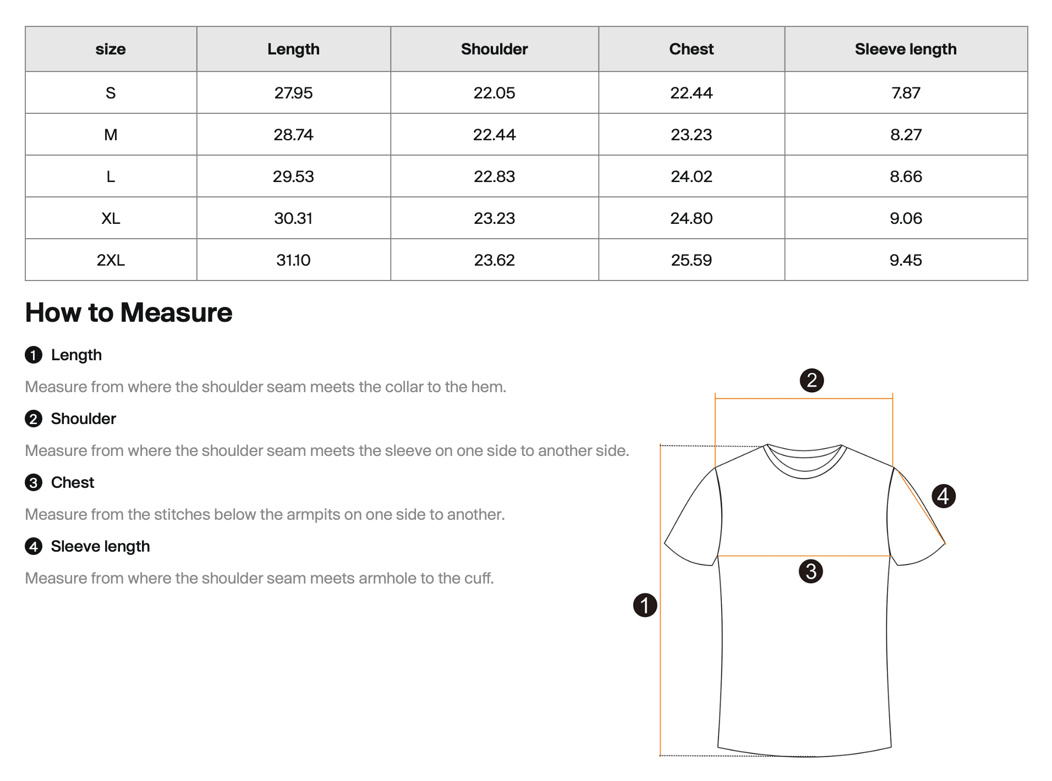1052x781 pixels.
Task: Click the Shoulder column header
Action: pos(494,49)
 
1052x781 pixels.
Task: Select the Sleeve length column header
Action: pos(905,49)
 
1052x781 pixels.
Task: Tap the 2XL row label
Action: pos(111,260)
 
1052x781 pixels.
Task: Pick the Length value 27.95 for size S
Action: pos(293,93)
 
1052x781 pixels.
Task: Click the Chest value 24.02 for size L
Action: pos(691,177)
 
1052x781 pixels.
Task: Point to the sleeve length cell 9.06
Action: pos(905,218)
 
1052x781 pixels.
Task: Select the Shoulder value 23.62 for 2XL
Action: pos(494,260)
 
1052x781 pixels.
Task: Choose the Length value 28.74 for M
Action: pos(293,135)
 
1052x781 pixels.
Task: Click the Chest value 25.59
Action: pos(691,260)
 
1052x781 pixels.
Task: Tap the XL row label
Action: pos(111,218)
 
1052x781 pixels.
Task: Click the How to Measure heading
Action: pos(129,312)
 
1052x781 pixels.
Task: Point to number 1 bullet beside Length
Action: pos(34,355)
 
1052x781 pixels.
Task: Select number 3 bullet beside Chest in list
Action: pos(34,483)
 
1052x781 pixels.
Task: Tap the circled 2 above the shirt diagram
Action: pos(812,380)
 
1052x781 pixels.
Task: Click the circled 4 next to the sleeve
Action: pos(943,496)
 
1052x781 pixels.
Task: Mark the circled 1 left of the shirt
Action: pos(645,605)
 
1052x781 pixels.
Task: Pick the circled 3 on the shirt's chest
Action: pos(810,571)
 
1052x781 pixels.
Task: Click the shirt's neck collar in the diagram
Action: pos(804,462)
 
